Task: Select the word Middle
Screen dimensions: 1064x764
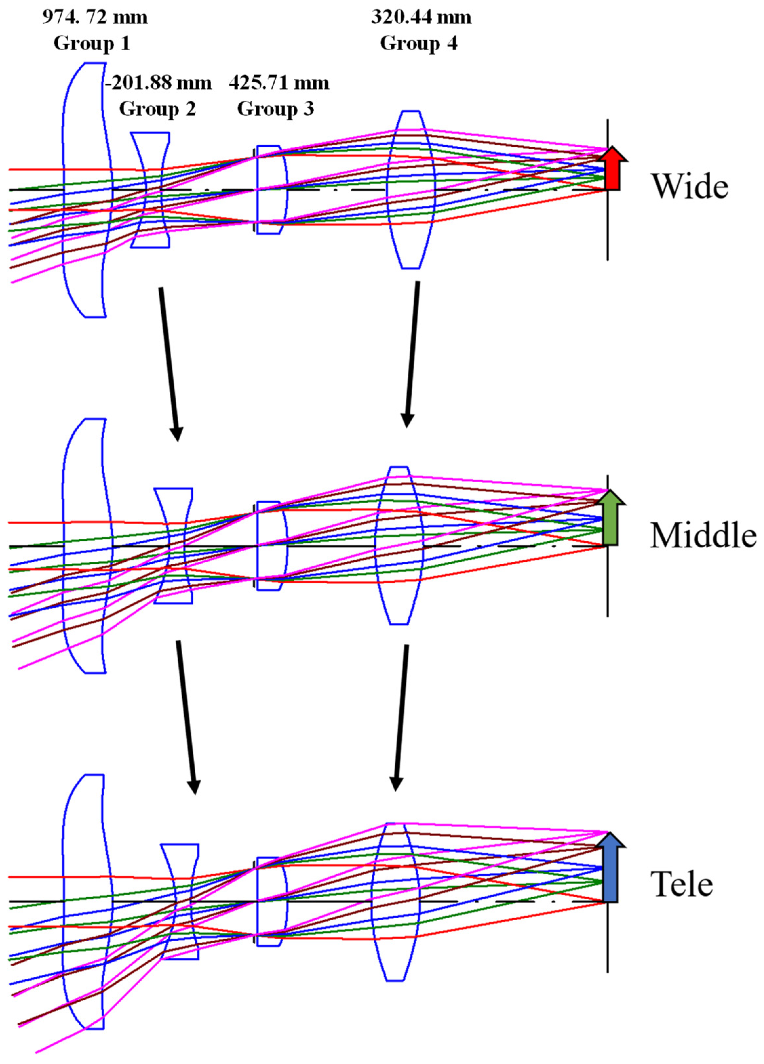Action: (703, 535)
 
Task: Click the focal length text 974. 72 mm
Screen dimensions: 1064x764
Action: (95, 18)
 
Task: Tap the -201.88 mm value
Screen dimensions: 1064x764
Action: (158, 84)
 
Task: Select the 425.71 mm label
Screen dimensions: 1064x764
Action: (279, 84)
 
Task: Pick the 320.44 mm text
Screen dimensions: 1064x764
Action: (421, 18)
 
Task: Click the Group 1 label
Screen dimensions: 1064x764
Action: (91, 43)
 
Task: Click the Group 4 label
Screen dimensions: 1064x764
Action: (419, 43)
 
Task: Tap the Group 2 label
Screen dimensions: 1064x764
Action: (158, 109)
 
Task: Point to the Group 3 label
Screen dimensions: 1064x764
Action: (276, 109)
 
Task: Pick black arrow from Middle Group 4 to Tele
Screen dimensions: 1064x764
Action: (401, 718)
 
